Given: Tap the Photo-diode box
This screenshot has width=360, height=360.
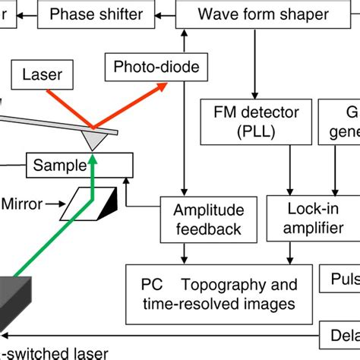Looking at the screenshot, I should click(x=156, y=67).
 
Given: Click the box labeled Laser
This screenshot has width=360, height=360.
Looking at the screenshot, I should click(x=43, y=76).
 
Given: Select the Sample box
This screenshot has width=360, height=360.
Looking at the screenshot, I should click(x=80, y=163).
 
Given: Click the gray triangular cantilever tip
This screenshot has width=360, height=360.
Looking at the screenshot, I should click(x=93, y=139).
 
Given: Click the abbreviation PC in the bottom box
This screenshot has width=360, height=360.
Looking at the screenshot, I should click(x=152, y=286).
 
